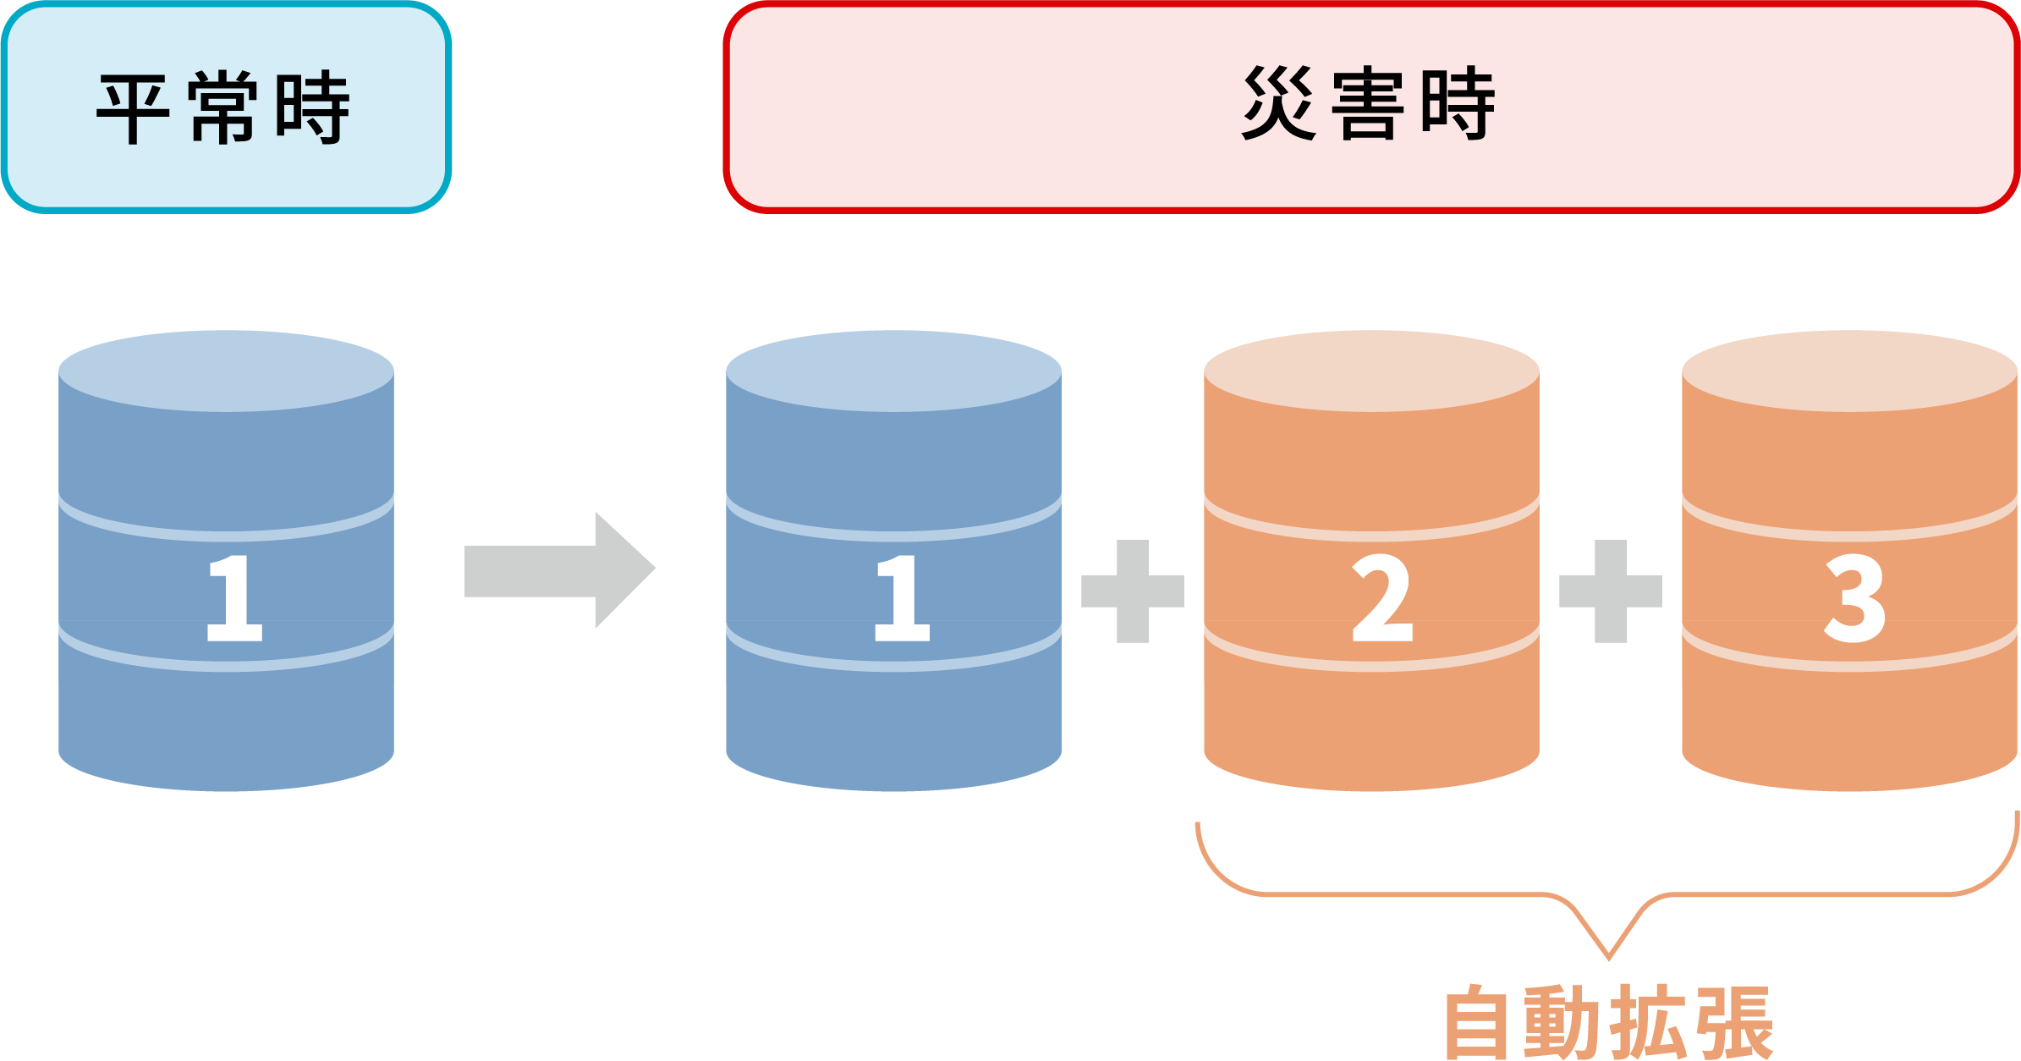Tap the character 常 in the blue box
pyautogui.click(x=222, y=109)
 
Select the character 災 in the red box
pyautogui.click(x=1278, y=103)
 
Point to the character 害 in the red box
pyautogui.click(x=1367, y=103)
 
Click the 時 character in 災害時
pyautogui.click(x=1458, y=103)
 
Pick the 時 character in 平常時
pyautogui.click(x=312, y=109)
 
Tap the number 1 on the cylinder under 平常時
pyautogui.click(x=234, y=598)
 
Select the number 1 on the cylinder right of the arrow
pyautogui.click(x=902, y=598)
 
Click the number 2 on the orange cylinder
pyautogui.click(x=1382, y=598)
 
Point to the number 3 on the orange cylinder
pyautogui.click(x=1854, y=598)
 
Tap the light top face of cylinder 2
pyautogui.click(x=1370, y=371)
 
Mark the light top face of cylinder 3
pyautogui.click(x=1849, y=371)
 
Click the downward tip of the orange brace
pyautogui.click(x=1608, y=956)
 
